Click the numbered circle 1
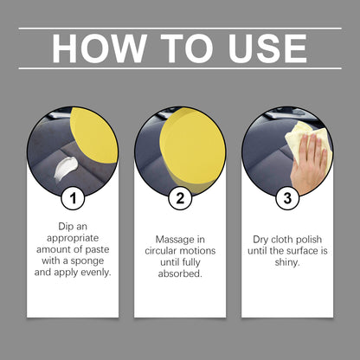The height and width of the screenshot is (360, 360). click(x=74, y=197)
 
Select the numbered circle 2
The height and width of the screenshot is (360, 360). click(x=180, y=197)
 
